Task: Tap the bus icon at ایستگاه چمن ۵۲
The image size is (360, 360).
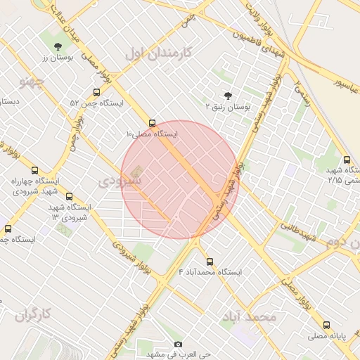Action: pyautogui.click(x=96, y=92)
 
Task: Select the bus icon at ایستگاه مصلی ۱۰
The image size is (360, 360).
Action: pyautogui.click(x=152, y=122)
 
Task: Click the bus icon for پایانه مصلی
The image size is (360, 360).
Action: pyautogui.click(x=326, y=325)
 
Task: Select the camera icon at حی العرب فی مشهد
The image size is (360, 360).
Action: pyautogui.click(x=178, y=344)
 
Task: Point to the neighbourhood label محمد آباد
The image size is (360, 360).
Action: pyautogui.click(x=248, y=318)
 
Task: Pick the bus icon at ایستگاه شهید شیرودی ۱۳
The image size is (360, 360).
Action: pyautogui.click(x=69, y=197)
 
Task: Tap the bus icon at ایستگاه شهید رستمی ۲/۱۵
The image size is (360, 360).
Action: pyautogui.click(x=346, y=160)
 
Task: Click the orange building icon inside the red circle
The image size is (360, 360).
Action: pyautogui.click(x=136, y=171)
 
